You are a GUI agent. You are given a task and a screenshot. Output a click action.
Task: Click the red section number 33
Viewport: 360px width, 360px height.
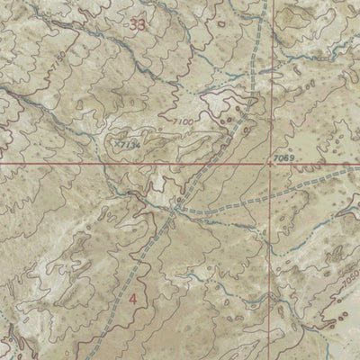(137, 25)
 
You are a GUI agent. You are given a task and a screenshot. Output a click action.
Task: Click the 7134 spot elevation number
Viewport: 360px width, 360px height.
(130, 144)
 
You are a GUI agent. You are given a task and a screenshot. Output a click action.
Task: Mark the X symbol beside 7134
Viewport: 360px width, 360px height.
(116, 141)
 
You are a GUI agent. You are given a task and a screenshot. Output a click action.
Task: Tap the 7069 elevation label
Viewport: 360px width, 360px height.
(283, 158)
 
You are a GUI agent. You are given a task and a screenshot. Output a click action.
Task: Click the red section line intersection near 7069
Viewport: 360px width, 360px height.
(271, 165)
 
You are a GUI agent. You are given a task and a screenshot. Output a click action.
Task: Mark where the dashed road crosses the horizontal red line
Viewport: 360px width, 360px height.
(202, 166)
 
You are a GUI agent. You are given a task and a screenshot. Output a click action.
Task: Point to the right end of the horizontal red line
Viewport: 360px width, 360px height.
(358, 165)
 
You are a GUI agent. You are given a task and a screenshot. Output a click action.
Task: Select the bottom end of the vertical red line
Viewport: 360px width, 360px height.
(270, 358)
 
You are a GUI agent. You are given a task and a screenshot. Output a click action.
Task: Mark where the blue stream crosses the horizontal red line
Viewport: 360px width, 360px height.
(105, 166)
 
